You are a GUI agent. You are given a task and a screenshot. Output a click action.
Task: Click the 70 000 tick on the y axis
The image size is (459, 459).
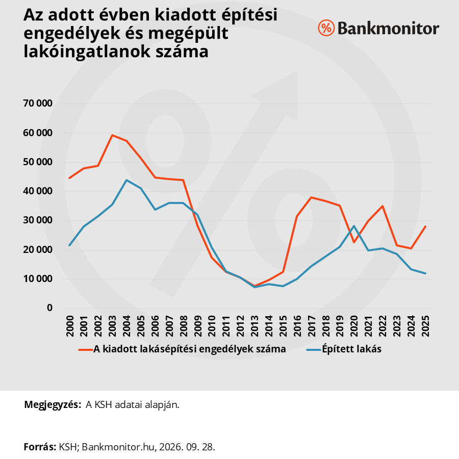pos(38,104)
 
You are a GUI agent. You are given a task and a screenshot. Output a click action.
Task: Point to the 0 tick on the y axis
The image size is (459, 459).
pos(49,308)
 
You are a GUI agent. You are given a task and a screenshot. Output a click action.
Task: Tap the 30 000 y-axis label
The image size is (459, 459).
pos(38,220)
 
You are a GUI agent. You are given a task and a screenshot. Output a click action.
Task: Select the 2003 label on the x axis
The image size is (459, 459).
pos(112,326)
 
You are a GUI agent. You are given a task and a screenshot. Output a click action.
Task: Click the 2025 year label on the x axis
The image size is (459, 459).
pos(425,326)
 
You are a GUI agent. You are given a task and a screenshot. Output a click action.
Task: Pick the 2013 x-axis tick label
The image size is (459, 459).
pos(254,326)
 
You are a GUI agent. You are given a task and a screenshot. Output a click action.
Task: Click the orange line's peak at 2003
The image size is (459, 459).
pos(112,135)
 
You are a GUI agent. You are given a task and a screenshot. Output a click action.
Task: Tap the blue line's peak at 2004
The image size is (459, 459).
pos(126,180)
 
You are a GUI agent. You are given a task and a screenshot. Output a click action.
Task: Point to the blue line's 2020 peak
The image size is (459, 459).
pos(354,226)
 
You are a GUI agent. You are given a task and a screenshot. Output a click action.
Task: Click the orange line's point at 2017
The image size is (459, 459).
pos(312,197)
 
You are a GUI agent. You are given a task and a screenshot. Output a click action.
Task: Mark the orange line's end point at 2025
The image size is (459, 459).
pos(425,226)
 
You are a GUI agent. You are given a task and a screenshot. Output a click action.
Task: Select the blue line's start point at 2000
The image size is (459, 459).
pos(69,245)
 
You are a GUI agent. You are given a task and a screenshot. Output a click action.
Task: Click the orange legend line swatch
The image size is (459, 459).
pos(86,349)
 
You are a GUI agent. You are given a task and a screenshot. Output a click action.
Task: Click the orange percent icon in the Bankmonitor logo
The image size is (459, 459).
pos(326,28)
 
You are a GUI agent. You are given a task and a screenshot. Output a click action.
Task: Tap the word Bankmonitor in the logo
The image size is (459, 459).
pos(389,29)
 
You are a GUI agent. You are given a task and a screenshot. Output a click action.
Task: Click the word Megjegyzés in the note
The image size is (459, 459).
pos(53,405)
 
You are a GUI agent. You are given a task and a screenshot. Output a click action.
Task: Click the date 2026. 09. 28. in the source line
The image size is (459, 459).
pos(187,447)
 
